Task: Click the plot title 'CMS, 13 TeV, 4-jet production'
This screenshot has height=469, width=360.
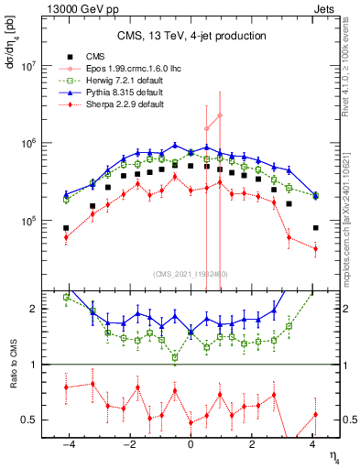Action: [x=191, y=36]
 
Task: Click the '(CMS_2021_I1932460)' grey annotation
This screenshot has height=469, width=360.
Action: [x=191, y=274]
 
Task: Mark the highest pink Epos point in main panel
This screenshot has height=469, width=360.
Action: [x=221, y=115]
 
